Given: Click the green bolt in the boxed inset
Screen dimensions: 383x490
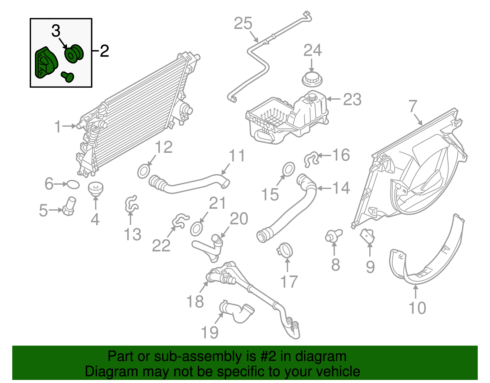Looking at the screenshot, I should (x=67, y=77).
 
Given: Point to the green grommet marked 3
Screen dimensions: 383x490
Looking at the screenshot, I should (x=74, y=54).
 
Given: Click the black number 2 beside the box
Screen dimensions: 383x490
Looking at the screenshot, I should (x=104, y=51).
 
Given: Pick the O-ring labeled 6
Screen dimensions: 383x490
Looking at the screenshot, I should (x=73, y=184).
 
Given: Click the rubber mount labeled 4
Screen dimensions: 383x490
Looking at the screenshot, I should (x=96, y=188).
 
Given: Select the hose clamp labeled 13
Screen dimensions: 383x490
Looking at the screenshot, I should (x=131, y=204).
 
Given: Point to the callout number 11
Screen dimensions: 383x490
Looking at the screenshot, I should (x=237, y=156).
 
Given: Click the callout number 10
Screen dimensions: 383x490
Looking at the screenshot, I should (x=417, y=308).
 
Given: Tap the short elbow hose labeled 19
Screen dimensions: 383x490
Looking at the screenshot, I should (x=236, y=312).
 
